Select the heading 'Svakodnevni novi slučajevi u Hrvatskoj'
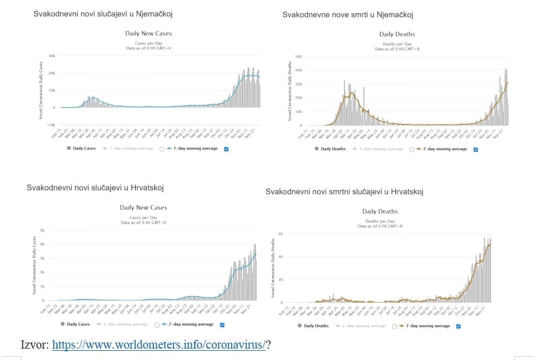click(95, 188)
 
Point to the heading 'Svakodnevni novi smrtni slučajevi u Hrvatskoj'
click(344, 191)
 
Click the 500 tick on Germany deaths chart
click(298, 57)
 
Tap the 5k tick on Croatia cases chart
click(49, 231)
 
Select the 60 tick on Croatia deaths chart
click(280, 234)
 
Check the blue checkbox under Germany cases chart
click(226, 148)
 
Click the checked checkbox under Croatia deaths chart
click(458, 326)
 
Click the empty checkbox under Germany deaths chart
click(411, 148)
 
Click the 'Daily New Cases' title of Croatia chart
click(143, 207)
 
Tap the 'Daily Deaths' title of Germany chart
click(397, 34)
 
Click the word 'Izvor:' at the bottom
click(34, 345)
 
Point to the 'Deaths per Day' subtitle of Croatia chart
click(380, 221)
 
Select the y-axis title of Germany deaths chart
click(290, 91)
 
